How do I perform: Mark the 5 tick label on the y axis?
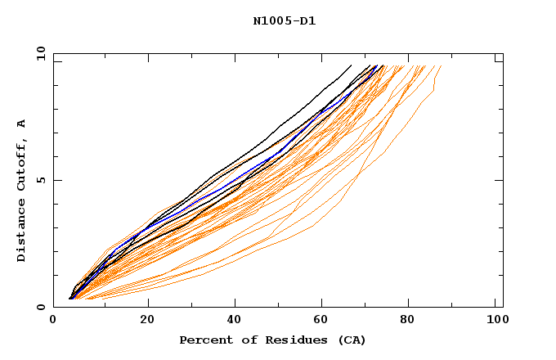pyautogui.click(x=40, y=181)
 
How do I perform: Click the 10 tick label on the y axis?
pyautogui.click(x=38, y=54)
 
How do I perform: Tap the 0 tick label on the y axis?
pyautogui.click(x=40, y=308)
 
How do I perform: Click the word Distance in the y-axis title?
pyautogui.click(x=21, y=227)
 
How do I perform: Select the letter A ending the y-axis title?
pyautogui.click(x=21, y=124)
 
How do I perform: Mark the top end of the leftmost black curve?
pyautogui.click(x=351, y=65)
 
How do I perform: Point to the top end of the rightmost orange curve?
pyautogui.click(x=441, y=66)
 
